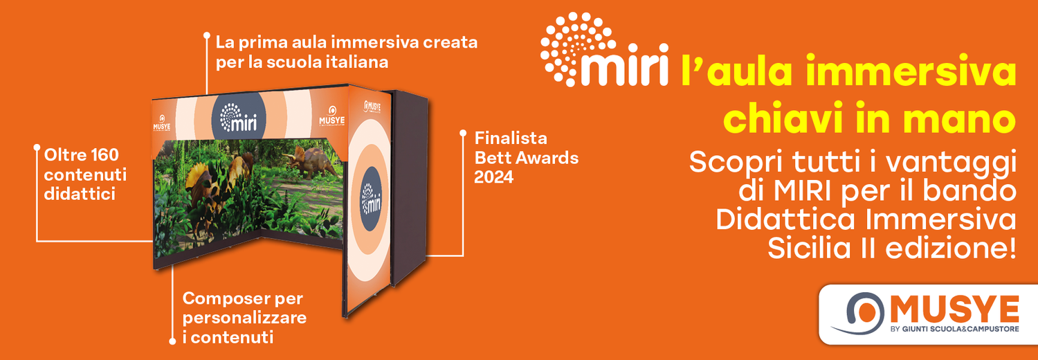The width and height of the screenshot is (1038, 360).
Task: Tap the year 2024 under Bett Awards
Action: (x=493, y=177)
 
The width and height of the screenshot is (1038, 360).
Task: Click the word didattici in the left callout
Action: (x=79, y=195)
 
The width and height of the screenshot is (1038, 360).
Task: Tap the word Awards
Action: (x=546, y=157)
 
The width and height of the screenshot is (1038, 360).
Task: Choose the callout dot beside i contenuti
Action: (x=172, y=341)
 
